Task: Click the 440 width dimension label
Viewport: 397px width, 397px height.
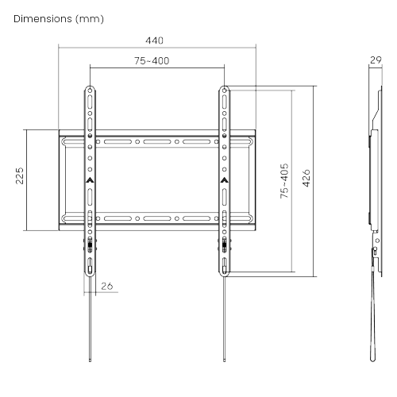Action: (x=154, y=40)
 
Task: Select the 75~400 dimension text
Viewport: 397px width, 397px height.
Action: (x=152, y=61)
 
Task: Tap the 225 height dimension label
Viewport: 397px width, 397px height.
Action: (x=20, y=175)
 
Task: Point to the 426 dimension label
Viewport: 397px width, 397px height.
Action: (x=306, y=178)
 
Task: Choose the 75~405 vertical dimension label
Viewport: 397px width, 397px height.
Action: (x=284, y=181)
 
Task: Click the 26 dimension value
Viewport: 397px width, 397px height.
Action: (x=107, y=286)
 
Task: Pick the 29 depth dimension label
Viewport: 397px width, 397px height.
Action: (x=376, y=60)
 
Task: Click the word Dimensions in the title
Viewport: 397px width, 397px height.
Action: (x=43, y=19)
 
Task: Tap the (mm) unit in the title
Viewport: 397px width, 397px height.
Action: (x=90, y=19)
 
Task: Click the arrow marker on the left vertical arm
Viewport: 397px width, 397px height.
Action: (x=90, y=180)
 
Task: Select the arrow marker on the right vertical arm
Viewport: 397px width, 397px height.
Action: (x=225, y=180)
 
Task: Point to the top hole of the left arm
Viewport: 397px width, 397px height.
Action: (x=90, y=91)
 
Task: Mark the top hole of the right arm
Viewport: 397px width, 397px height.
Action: (x=225, y=91)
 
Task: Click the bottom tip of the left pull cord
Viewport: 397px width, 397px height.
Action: (x=90, y=360)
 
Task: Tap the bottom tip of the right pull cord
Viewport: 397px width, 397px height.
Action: (x=225, y=360)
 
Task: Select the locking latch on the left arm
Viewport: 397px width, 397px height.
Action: (x=90, y=245)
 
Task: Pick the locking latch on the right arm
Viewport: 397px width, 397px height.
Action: (x=225, y=245)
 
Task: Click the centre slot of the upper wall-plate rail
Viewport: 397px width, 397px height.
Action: (x=157, y=142)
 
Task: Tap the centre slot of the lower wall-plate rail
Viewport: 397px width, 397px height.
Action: (x=157, y=218)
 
